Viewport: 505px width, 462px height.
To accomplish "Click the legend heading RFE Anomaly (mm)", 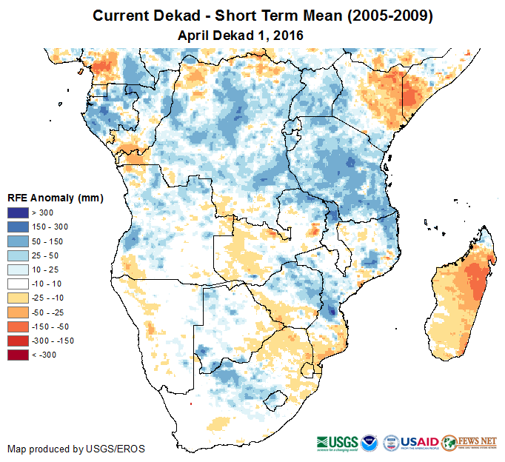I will (x=55, y=198).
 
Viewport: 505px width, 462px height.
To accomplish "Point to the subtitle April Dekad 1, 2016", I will (x=241, y=35).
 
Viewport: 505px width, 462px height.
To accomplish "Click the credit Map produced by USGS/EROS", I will (x=76, y=449).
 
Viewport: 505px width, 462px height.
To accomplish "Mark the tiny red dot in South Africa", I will (x=191, y=404).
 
